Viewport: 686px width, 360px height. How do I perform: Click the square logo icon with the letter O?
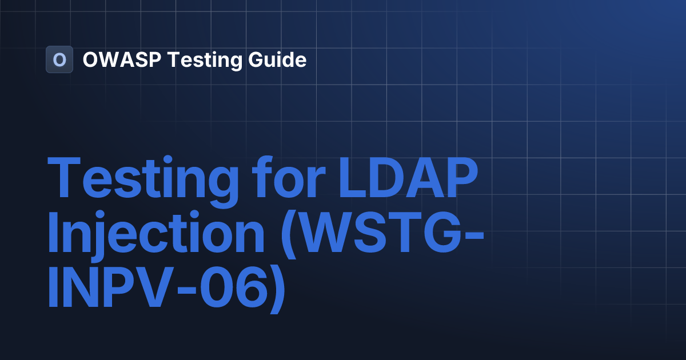(x=59, y=59)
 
